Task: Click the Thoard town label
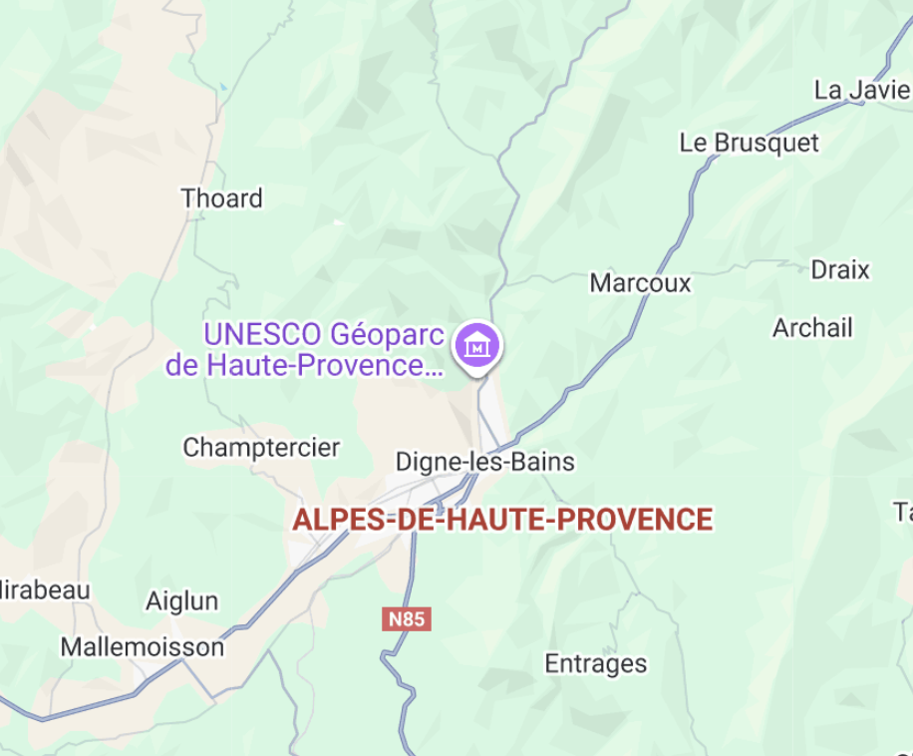click(x=221, y=198)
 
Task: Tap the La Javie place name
click(x=862, y=90)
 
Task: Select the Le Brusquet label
click(x=749, y=143)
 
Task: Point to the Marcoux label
click(x=640, y=283)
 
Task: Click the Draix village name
click(x=839, y=270)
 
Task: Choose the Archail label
click(x=812, y=328)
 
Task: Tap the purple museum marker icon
click(x=477, y=346)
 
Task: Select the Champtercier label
click(x=261, y=448)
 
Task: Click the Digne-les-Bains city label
click(x=484, y=462)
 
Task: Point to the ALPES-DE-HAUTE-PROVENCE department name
click(x=502, y=520)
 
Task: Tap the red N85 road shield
click(x=407, y=619)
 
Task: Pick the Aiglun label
click(x=181, y=601)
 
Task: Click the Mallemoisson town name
click(x=142, y=647)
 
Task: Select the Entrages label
click(x=595, y=664)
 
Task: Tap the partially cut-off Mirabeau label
click(x=45, y=589)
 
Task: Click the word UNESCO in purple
click(x=262, y=333)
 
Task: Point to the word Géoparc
click(x=386, y=333)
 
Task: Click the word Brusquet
click(x=767, y=143)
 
